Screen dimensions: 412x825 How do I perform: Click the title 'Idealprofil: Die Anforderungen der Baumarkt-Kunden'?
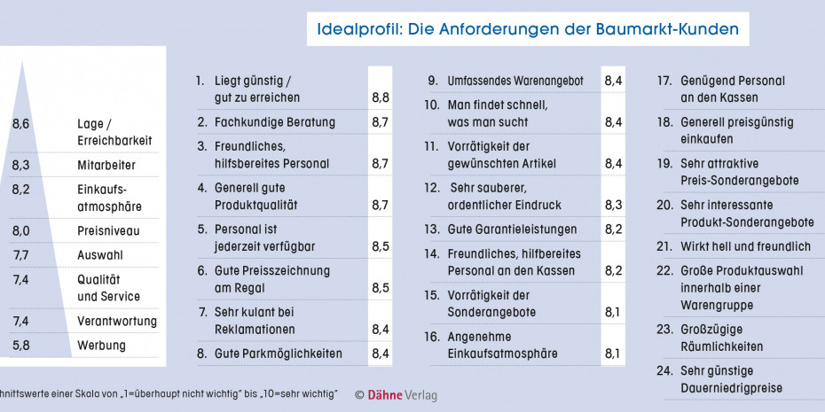[528, 29]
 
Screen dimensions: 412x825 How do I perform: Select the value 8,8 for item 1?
[380, 97]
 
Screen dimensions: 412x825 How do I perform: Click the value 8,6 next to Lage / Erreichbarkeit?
[21, 124]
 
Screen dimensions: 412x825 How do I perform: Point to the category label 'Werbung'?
[101, 346]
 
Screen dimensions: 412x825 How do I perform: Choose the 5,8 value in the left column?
[21, 346]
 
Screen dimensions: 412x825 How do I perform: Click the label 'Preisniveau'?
[108, 231]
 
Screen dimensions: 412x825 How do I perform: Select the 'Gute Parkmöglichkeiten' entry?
[278, 354]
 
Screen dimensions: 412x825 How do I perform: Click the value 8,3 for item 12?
[613, 205]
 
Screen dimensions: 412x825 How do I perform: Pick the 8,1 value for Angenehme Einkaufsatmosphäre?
[613, 354]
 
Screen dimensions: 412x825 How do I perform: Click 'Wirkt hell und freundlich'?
[745, 246]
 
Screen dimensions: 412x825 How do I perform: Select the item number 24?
[664, 370]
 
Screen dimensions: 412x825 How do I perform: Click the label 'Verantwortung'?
[117, 321]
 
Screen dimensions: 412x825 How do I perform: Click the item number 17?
[664, 81]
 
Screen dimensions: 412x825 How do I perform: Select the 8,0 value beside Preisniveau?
[21, 231]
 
